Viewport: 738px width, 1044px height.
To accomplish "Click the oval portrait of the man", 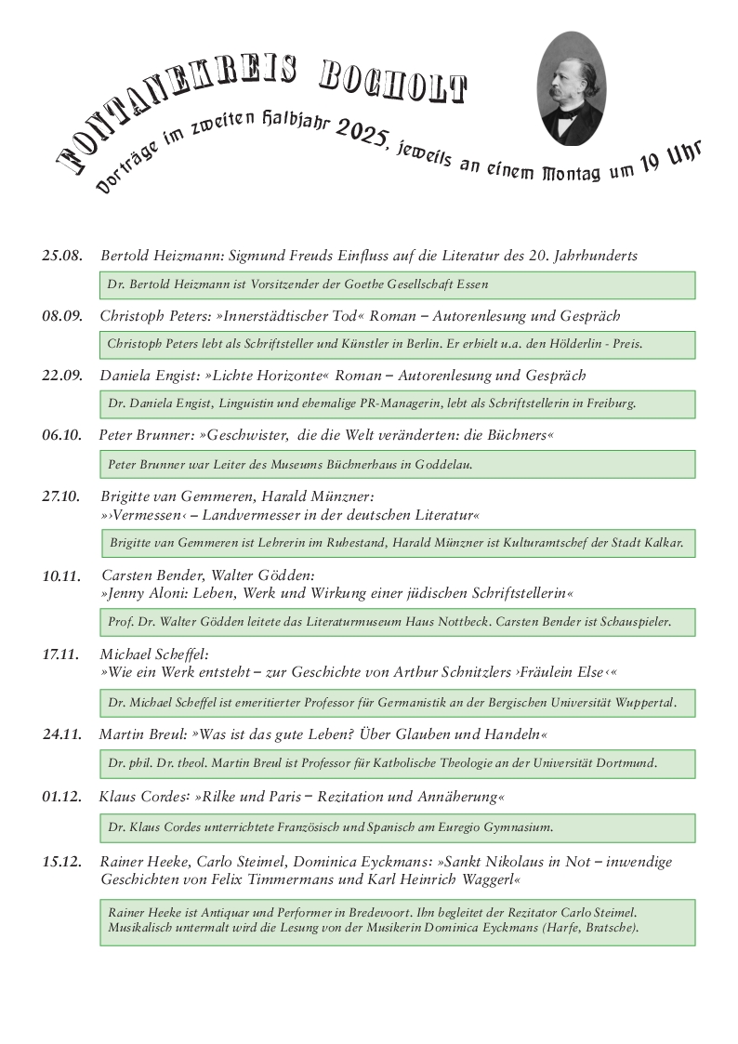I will [572, 88].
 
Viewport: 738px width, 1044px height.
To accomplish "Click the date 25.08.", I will [63, 256].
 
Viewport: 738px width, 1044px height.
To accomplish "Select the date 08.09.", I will [63, 316].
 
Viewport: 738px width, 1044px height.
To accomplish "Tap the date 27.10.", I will [63, 496].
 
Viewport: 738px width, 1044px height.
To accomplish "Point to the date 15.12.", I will [63, 862].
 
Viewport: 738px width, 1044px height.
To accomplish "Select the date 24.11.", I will [63, 736].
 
